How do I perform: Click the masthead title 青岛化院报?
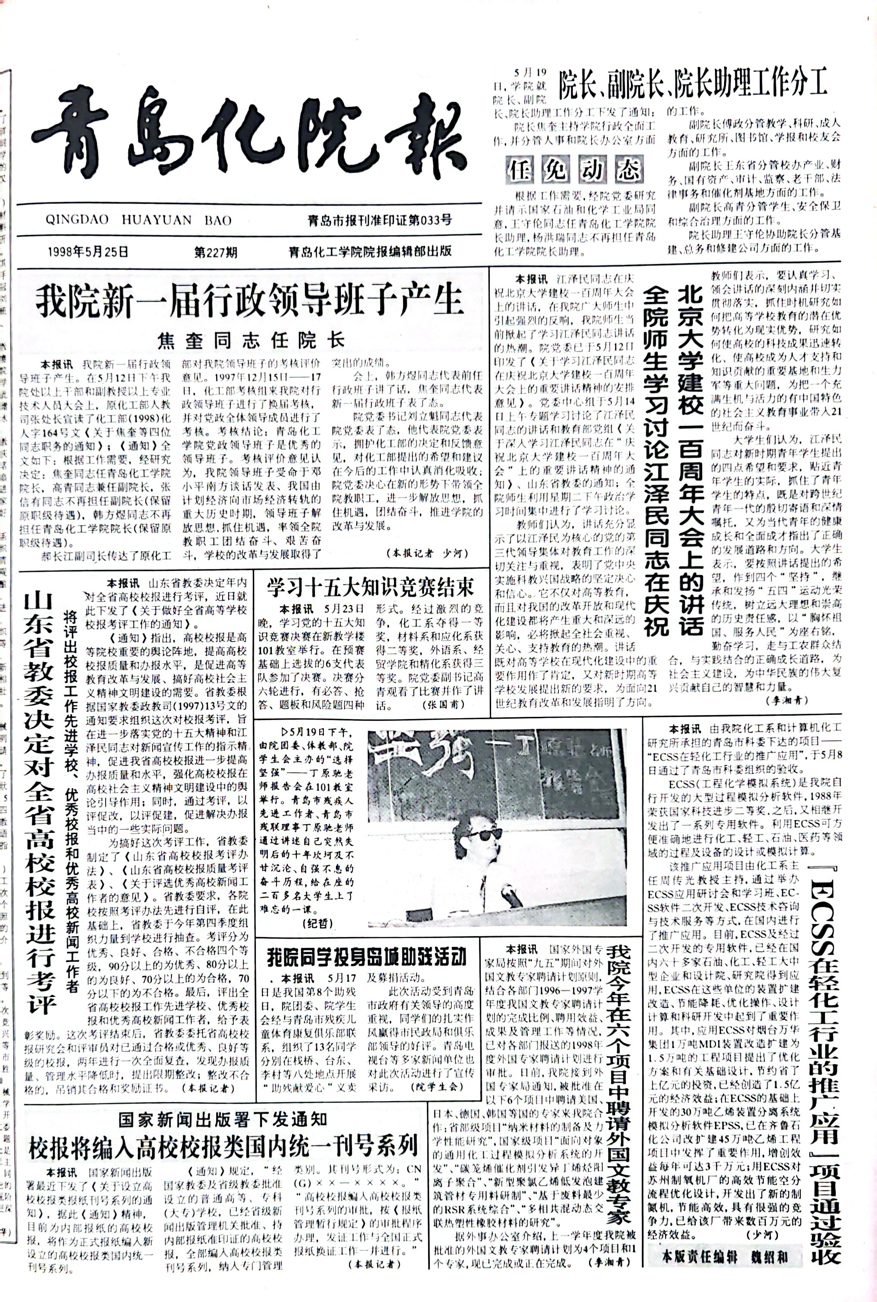pyautogui.click(x=249, y=133)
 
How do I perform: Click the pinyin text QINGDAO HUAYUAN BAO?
pyautogui.click(x=139, y=220)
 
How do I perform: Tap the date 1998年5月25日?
pyautogui.click(x=88, y=252)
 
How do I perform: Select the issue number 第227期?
pyautogui.click(x=216, y=252)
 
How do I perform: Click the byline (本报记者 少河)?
pyautogui.click(x=426, y=553)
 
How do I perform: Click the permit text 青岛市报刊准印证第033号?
pyautogui.click(x=380, y=220)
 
